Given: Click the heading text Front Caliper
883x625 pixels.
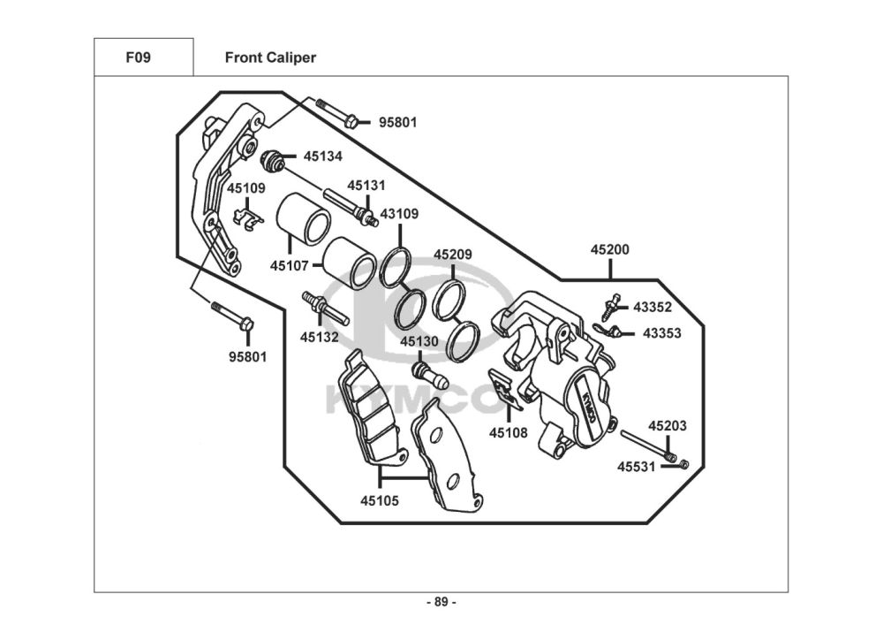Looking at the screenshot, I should (270, 57).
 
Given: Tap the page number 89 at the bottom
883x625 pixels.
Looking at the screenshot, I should (441, 602).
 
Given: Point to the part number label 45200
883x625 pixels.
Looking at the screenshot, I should (609, 250).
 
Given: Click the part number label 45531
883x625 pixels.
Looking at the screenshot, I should (636, 466).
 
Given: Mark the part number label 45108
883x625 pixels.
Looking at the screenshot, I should (509, 433).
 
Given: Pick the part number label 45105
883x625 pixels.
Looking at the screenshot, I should (379, 500).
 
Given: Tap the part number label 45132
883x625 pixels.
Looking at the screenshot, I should (318, 337).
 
